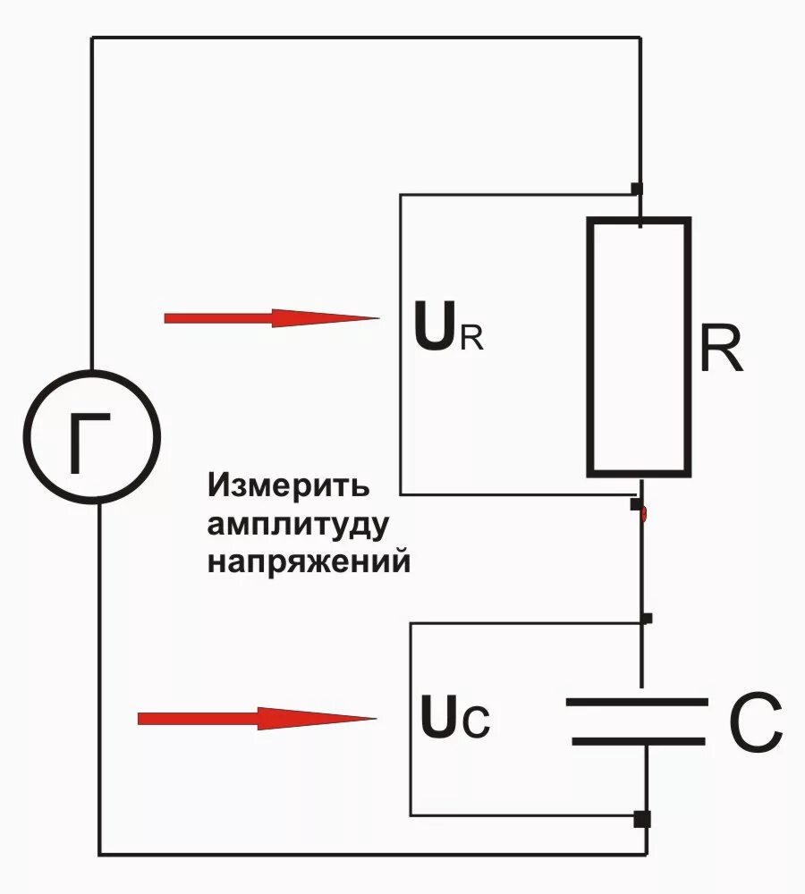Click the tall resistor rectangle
point(639,347)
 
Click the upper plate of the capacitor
point(637,703)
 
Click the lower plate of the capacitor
point(637,740)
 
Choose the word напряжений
point(309,563)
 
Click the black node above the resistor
point(637,188)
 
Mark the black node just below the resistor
point(636,505)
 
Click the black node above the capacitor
point(647,618)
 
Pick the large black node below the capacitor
point(641,818)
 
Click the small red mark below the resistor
point(646,514)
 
